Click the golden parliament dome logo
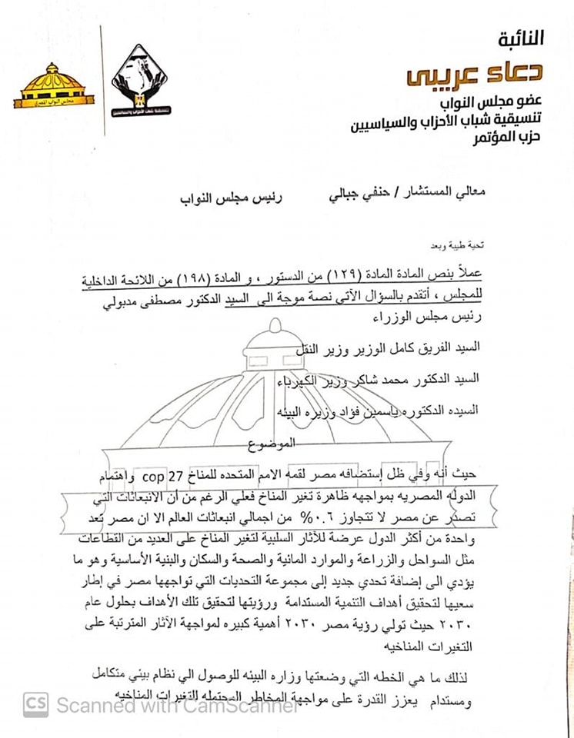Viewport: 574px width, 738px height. coord(53,87)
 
